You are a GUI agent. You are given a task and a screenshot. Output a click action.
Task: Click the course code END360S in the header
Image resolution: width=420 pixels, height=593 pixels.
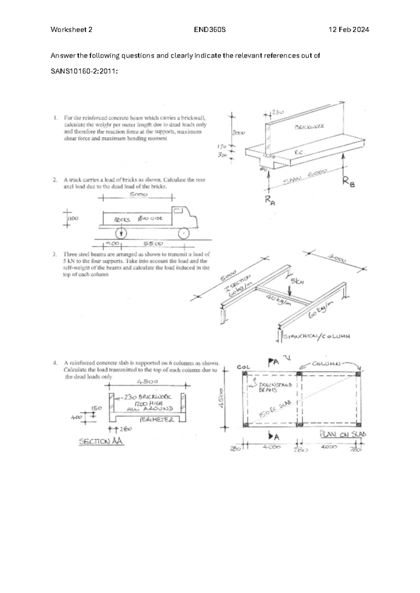pyautogui.click(x=210, y=30)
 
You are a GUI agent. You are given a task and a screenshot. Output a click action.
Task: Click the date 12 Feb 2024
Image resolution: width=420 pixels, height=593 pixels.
pyautogui.click(x=349, y=30)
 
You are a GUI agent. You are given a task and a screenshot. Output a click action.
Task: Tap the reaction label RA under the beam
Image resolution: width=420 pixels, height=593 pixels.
pyautogui.click(x=270, y=201)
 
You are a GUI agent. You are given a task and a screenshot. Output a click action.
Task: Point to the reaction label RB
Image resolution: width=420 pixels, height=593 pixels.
pyautogui.click(x=348, y=181)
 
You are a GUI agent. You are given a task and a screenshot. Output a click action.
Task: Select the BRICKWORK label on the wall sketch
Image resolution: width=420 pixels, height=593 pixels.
pyautogui.click(x=309, y=127)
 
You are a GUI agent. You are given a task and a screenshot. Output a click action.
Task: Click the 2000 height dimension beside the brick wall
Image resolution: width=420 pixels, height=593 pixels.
pyautogui.click(x=238, y=133)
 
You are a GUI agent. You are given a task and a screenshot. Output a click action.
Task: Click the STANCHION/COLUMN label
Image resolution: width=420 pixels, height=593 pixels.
pyautogui.click(x=317, y=336)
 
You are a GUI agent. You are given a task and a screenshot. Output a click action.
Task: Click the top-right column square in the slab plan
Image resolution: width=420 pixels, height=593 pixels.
pyautogui.click(x=358, y=374)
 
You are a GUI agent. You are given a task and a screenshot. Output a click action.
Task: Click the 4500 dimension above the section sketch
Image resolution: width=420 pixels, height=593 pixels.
pyautogui.click(x=148, y=381)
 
